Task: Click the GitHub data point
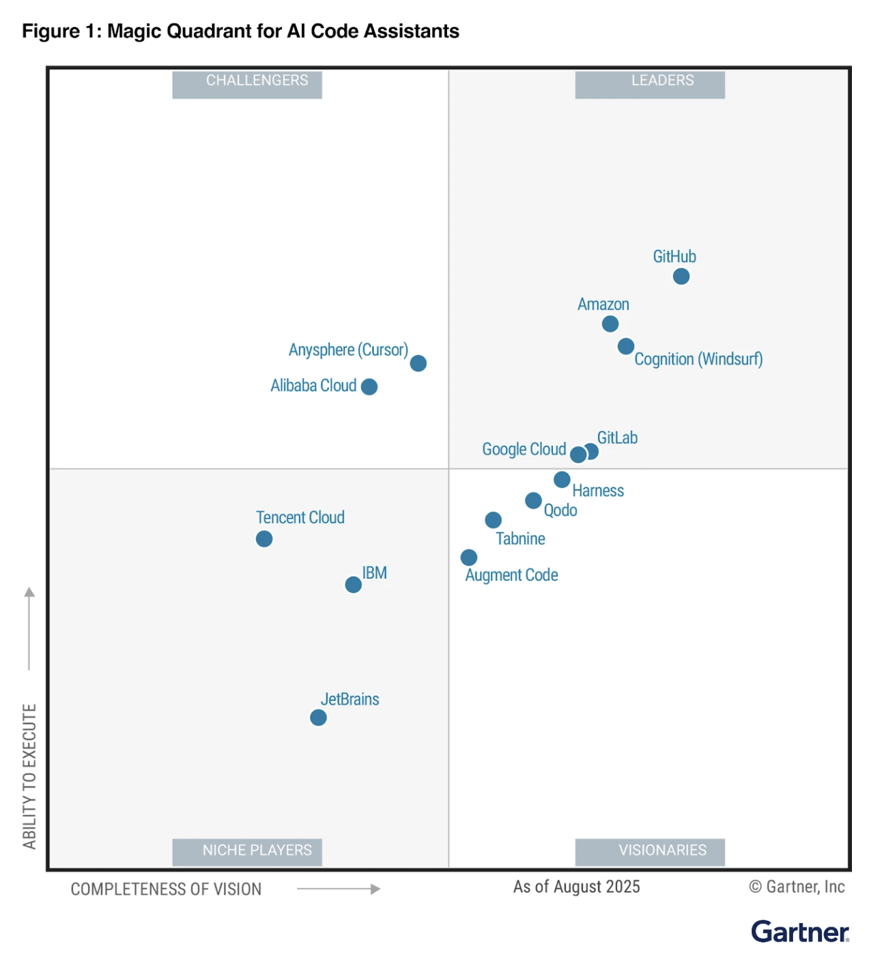pos(681,276)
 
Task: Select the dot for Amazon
pos(610,324)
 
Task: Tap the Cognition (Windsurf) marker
pos(626,346)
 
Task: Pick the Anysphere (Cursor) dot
pos(418,363)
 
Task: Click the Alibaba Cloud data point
pos(369,387)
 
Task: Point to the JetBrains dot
pos(318,717)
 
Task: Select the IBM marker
pos(353,585)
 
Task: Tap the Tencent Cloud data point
pos(264,539)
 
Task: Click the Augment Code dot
pos(469,557)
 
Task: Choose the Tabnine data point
pos(493,520)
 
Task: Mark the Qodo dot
pos(534,501)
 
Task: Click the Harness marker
pos(562,480)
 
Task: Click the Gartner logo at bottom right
pos(800,932)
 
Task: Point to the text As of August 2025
pos(576,887)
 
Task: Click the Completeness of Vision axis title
pos(166,889)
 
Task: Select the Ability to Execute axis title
pos(30,776)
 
